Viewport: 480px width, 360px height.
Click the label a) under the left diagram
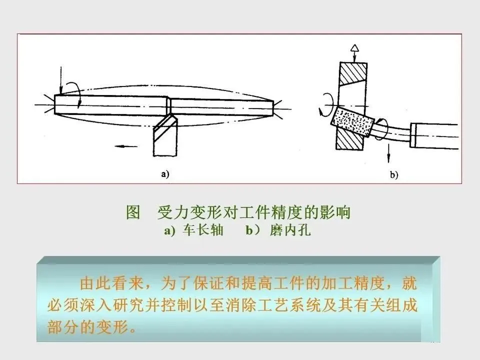pos(165,174)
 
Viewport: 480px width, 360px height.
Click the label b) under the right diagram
pos(393,174)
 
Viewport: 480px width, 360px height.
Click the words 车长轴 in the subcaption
pos(204,231)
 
